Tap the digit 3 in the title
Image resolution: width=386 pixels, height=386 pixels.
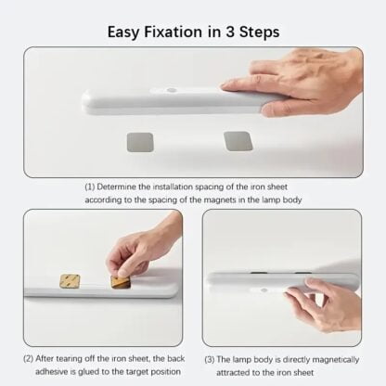[x=230, y=32]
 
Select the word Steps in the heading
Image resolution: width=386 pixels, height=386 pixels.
[x=260, y=32]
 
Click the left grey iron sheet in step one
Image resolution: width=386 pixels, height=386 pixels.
[x=140, y=142]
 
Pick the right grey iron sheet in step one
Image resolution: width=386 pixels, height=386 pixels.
[x=238, y=141]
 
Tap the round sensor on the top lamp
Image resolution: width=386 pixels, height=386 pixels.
[x=171, y=91]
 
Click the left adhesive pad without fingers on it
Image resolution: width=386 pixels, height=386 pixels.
[x=70, y=280]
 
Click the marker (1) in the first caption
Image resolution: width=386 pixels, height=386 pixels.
[x=89, y=187]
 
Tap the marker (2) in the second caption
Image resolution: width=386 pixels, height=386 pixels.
[x=29, y=359]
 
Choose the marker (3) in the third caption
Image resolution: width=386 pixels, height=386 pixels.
[x=210, y=360]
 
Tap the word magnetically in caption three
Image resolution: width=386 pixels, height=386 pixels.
[x=336, y=360]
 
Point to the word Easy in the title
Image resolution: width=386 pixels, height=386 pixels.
[x=123, y=32]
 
